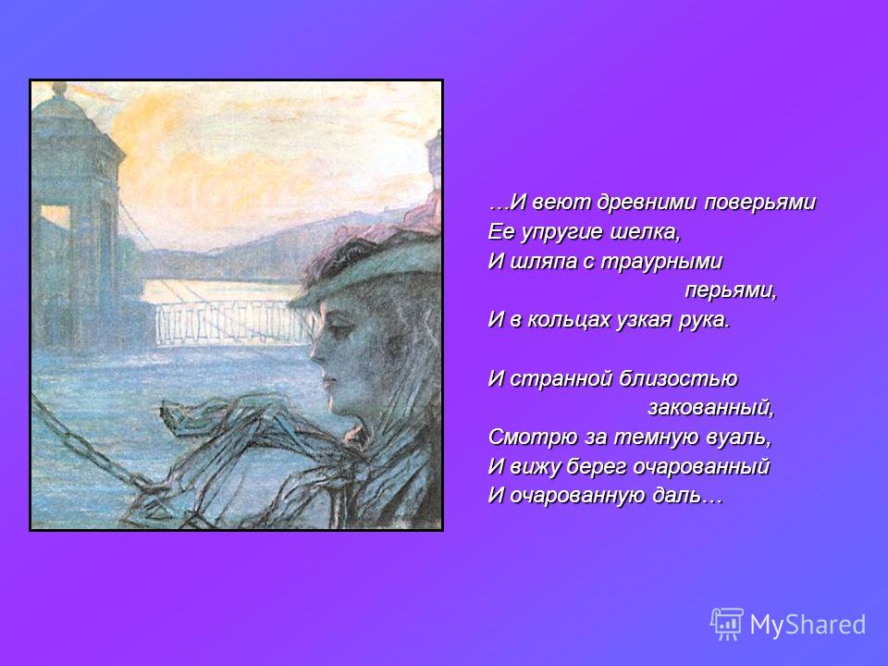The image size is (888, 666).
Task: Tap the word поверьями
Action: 759,203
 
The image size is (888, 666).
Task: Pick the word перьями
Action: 731,291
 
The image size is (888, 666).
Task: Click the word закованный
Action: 710,408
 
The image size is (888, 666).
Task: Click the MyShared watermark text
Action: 808,624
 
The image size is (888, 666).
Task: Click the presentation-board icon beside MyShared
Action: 728,624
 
